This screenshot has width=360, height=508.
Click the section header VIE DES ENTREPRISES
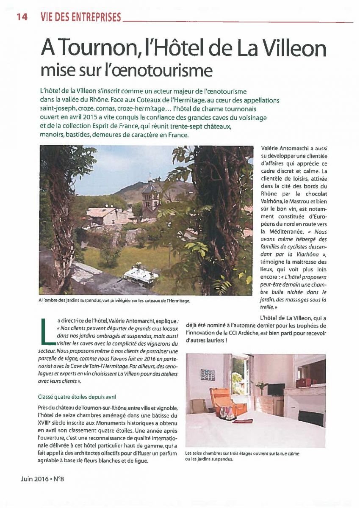click(x=80, y=17)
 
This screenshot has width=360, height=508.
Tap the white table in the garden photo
click(x=141, y=275)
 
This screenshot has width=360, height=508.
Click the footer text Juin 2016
click(x=35, y=479)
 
